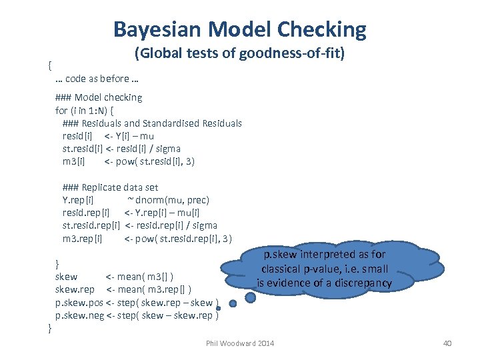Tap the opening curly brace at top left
pyautogui.click(x=50, y=65)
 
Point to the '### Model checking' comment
pyautogui.click(x=99, y=97)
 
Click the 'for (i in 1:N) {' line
pyautogui.click(x=89, y=110)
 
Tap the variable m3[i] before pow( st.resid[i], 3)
pyautogui.click(x=73, y=161)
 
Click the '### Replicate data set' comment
pyautogui.click(x=110, y=187)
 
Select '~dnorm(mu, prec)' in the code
pyautogui.click(x=168, y=200)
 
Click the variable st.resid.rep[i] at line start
pyautogui.click(x=91, y=226)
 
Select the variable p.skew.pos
pyautogui.click(x=79, y=303)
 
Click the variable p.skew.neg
pyautogui.click(x=79, y=315)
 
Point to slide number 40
pyautogui.click(x=447, y=343)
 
